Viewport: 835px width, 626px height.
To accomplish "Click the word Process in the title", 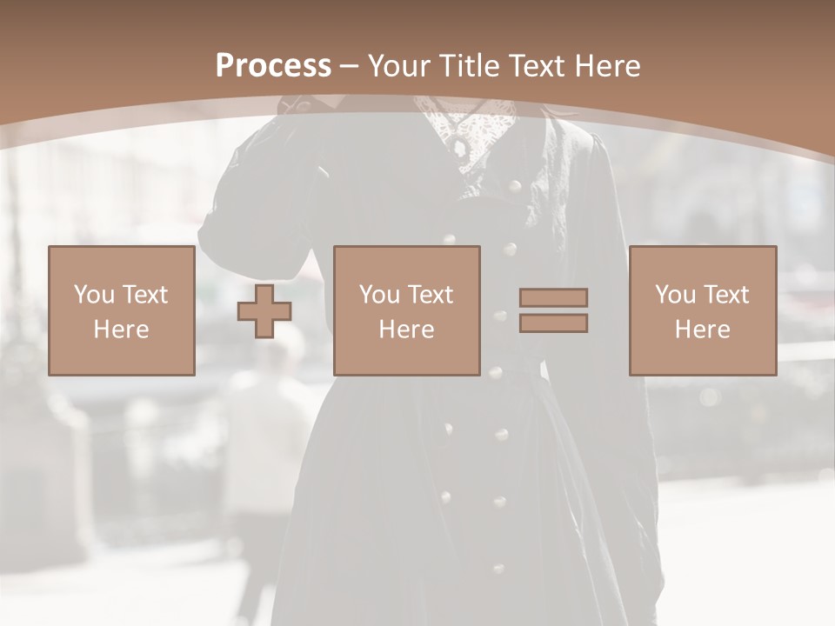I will coord(273,66).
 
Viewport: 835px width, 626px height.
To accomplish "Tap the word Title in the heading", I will coord(471,66).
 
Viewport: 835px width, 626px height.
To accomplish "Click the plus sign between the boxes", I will coord(264,311).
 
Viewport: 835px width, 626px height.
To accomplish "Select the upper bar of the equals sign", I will coord(553,297).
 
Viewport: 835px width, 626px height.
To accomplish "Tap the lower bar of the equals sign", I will coord(553,323).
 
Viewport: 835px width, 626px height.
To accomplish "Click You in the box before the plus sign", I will coord(94,295).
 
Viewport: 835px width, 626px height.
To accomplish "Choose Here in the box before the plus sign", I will coord(121,330).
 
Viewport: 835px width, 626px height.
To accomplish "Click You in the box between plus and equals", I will coord(380,295).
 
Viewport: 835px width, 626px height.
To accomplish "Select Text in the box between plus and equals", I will coord(430,295).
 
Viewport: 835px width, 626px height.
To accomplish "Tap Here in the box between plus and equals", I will coord(407,330).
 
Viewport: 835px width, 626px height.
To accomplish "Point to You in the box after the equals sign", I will coord(676,295).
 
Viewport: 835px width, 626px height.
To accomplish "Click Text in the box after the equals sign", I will coord(725,295).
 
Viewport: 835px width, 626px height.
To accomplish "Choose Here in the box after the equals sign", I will coord(703,330).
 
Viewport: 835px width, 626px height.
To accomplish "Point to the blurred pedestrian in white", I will coord(261,435).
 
